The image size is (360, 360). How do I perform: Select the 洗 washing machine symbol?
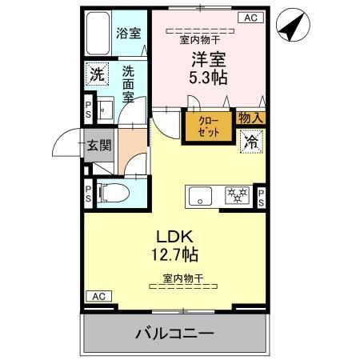coord(96,74)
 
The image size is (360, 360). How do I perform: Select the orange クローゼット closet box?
coord(207,126)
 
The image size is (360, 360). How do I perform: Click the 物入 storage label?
coord(250,118)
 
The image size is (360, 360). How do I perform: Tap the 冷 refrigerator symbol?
coord(251,142)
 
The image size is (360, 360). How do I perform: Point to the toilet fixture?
coord(111,192)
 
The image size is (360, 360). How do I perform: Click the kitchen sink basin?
coord(199,194)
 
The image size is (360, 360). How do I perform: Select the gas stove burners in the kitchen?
coord(235,194)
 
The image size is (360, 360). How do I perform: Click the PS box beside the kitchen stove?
coord(261,197)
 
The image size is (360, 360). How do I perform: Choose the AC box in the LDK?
coord(97,297)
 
